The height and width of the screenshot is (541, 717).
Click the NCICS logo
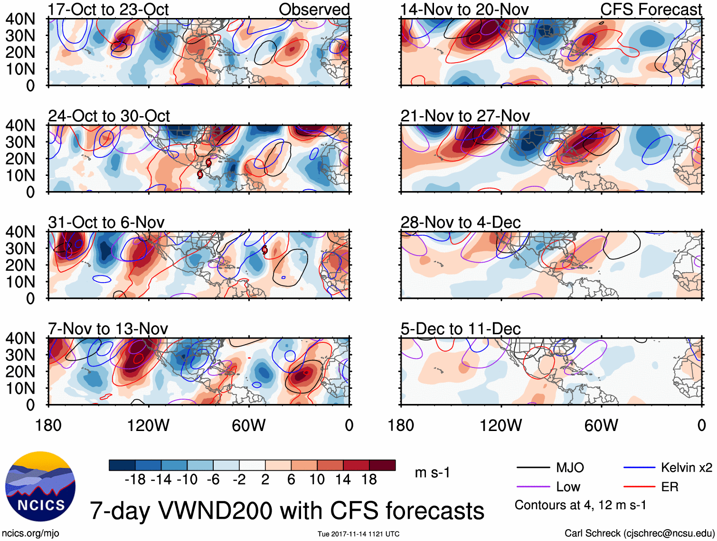40,486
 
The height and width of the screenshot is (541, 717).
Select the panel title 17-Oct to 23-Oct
108,9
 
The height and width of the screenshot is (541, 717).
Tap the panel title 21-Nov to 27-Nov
465,116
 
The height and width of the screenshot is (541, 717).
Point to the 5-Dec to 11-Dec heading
461,329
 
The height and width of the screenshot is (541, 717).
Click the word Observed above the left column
314,9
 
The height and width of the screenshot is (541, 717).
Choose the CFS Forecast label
651,9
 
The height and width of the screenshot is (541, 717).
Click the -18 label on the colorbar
135,480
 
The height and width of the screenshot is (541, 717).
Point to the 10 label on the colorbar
317,480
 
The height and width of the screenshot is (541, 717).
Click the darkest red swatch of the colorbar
382,465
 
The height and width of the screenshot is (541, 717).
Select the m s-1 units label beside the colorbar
432,473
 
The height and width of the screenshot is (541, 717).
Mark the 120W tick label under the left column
148,425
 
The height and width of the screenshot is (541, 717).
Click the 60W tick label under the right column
601,425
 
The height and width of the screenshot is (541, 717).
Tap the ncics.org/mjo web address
30,533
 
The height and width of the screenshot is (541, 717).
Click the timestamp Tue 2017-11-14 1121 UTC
358,534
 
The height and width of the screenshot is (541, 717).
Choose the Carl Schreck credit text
639,533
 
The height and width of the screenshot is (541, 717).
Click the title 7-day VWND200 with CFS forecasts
287,511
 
